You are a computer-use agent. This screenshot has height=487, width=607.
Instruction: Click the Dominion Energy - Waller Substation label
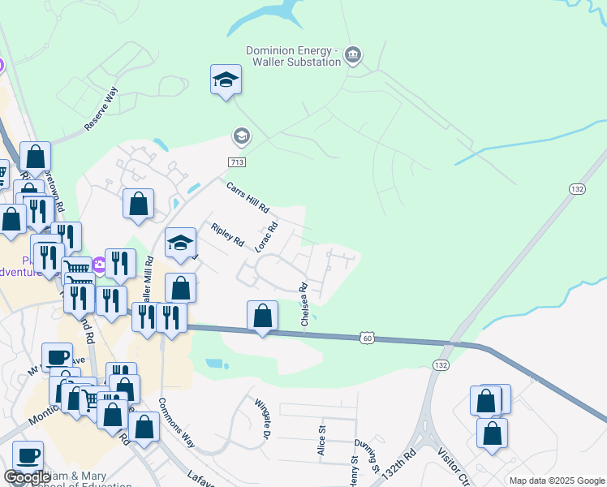295,54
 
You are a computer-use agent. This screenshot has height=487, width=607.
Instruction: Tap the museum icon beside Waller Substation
353,54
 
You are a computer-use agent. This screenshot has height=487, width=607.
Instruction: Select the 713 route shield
237,162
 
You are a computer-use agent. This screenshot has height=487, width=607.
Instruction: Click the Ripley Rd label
227,235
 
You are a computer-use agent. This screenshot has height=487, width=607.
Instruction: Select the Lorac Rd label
267,237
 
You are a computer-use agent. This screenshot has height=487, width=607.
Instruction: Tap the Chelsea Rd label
305,304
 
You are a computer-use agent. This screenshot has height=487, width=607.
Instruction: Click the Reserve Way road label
101,110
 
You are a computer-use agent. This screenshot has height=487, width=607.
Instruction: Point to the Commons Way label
177,422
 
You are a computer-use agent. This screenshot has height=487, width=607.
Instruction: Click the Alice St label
322,441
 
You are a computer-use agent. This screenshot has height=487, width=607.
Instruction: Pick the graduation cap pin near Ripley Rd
180,242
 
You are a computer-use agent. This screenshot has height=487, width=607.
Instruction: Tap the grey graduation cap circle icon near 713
240,135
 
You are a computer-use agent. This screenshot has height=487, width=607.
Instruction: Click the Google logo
27,477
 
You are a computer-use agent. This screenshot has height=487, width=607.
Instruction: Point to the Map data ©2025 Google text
557,481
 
